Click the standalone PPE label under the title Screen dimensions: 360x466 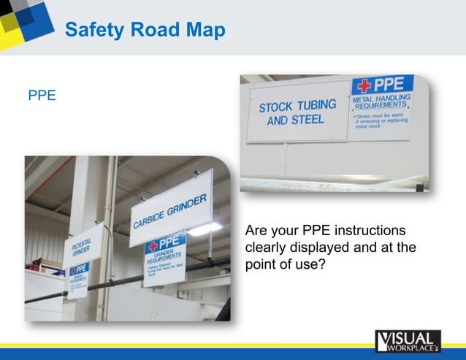point(42,96)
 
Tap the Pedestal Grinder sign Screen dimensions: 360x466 point(81,252)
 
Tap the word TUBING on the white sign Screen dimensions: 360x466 point(319,104)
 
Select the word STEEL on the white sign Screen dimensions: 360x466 point(308,118)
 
